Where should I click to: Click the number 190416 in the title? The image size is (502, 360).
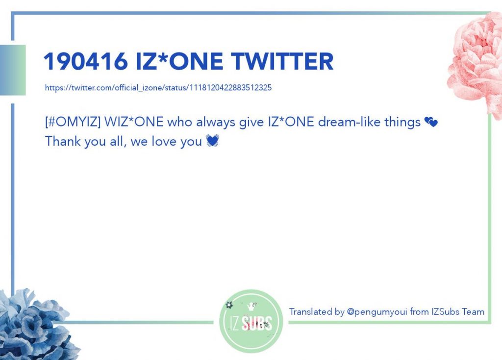coord(86,61)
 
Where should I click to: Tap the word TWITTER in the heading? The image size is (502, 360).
coord(282,61)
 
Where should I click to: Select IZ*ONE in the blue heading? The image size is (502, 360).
coord(179,61)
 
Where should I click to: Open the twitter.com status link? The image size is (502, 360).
coord(158,87)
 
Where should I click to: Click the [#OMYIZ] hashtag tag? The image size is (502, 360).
coord(73,122)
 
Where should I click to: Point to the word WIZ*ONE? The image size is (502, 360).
coord(134,122)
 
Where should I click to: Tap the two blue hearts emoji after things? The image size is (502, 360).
coord(431,122)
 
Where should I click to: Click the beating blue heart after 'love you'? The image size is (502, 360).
coord(212,141)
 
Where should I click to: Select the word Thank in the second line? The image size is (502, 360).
coord(63,141)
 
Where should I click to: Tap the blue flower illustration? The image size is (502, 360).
coord(35,325)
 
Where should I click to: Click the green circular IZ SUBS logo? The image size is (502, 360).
coord(251,321)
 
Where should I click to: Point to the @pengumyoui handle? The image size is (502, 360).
coord(377,312)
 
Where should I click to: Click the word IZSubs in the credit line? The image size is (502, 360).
coord(445,311)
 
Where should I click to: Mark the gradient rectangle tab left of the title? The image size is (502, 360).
coord(13,70)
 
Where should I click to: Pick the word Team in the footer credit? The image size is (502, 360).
coord(473,311)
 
